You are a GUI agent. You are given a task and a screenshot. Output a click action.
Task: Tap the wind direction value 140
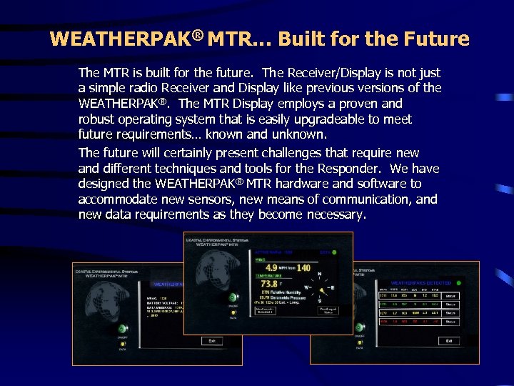click(303, 268)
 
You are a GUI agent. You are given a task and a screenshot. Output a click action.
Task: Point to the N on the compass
click(318, 274)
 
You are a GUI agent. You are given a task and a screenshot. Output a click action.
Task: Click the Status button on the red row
click(451, 323)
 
